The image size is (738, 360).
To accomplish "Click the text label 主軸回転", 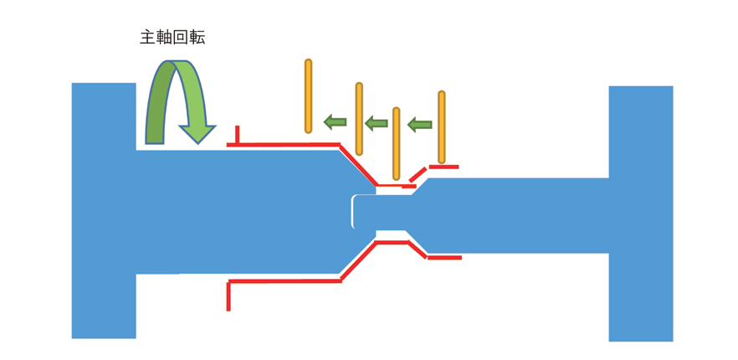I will pos(172,38).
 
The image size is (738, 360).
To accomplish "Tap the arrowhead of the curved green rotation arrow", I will pos(197,133).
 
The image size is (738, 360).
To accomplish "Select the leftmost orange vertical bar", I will pos(308,95).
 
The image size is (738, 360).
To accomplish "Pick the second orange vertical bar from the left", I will pos(359,119).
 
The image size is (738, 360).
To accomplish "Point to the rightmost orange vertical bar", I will pos(442,127).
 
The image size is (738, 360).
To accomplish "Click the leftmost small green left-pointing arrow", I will pos(336,122).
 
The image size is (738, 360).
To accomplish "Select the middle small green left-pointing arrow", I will pos(377,123).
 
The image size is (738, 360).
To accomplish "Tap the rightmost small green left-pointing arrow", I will pos(419,125).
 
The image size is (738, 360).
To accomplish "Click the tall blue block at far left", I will pos(104,209).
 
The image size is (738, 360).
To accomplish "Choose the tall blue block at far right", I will pos(640,213).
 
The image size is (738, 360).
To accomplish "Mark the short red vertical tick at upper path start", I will pos(238,136).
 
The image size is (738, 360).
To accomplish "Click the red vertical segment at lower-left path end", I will pos(228,296).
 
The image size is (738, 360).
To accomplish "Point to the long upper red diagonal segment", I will pos(358,166).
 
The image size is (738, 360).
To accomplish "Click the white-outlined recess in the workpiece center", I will pos(363,212).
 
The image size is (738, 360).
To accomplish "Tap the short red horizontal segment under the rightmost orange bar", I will pos(443,167).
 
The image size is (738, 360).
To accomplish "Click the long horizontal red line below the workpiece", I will pos(284,281).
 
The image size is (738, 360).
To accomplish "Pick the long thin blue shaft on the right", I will pos(519,215).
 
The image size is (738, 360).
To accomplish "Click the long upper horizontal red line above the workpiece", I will pos(284,145).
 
